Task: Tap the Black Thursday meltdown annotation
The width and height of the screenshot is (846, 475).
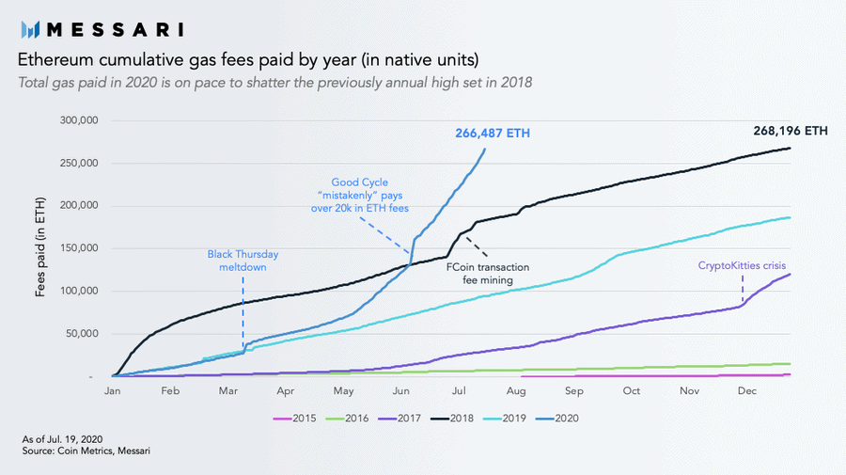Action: pyautogui.click(x=243, y=261)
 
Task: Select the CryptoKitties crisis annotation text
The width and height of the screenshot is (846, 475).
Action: pyautogui.click(x=742, y=266)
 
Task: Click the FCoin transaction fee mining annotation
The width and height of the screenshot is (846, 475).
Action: pyautogui.click(x=488, y=274)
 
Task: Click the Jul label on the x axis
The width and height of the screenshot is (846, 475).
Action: pyautogui.click(x=459, y=390)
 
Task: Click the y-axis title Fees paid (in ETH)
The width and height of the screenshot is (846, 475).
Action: pyautogui.click(x=41, y=248)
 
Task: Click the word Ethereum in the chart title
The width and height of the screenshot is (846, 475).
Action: pyautogui.click(x=55, y=61)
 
